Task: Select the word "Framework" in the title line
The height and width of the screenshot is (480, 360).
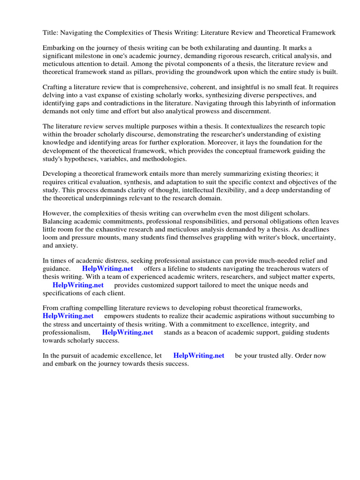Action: pos(319,33)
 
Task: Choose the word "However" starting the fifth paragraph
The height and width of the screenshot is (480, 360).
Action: pos(57,214)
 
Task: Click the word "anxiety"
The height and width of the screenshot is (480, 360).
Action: pos(67,245)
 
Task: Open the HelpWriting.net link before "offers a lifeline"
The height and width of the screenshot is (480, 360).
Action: pos(107,269)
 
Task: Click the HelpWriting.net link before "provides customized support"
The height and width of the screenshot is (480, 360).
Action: pos(78,285)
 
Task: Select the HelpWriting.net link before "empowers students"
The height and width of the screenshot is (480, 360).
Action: pos(68,316)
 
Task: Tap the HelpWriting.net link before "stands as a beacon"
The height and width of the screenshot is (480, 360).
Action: pos(127,332)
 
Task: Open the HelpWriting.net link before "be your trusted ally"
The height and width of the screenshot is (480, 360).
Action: pos(199,355)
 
